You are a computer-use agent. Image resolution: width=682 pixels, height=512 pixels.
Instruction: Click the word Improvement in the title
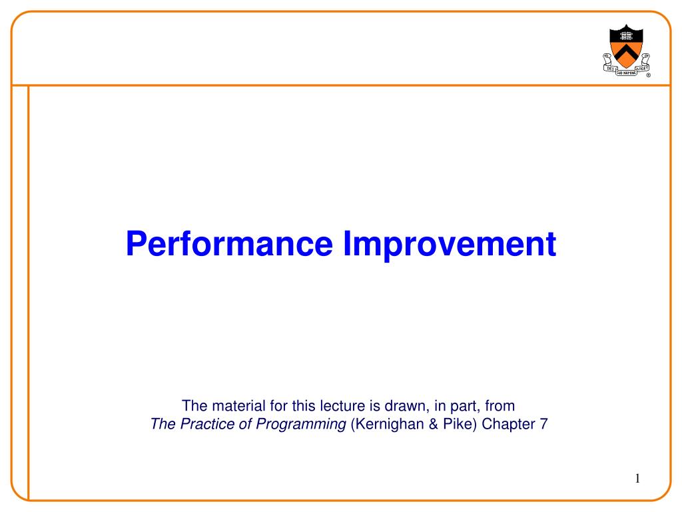449,244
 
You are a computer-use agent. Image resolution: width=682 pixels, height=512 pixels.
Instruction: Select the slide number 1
637,478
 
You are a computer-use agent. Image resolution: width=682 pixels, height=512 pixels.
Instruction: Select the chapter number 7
543,424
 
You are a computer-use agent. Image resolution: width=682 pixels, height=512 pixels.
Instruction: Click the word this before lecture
284,405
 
